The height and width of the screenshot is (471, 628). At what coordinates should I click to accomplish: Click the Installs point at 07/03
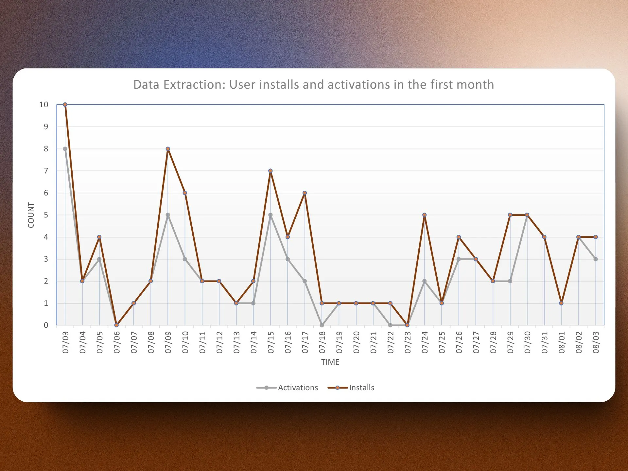[65, 105]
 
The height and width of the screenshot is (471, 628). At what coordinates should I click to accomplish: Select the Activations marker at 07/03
[65, 149]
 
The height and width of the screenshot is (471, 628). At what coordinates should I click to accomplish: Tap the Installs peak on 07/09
[168, 149]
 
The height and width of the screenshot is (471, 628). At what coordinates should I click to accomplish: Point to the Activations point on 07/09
[168, 215]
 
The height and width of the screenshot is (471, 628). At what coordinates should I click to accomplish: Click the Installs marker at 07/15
[270, 171]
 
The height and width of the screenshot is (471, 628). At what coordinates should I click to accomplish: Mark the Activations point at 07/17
[305, 281]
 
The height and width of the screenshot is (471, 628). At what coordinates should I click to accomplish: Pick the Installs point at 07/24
[424, 215]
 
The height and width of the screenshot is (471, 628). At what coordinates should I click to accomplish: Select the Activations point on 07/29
[510, 281]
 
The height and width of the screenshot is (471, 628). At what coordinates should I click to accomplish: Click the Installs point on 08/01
[561, 303]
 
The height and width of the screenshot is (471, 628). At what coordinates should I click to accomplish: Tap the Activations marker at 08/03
[596, 259]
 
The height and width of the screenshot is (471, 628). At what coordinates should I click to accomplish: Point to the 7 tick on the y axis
[46, 171]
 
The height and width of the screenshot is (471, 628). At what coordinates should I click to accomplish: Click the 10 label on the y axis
[44, 105]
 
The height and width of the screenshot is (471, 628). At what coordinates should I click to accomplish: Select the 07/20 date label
[356, 342]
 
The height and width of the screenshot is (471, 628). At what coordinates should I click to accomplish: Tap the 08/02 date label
[579, 342]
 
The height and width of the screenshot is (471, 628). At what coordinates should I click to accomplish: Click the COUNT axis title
[31, 215]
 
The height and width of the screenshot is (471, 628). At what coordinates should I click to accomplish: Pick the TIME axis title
[330, 362]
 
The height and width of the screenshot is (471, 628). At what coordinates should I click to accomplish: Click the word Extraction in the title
[195, 85]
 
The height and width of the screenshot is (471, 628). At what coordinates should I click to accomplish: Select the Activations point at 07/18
[322, 325]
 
